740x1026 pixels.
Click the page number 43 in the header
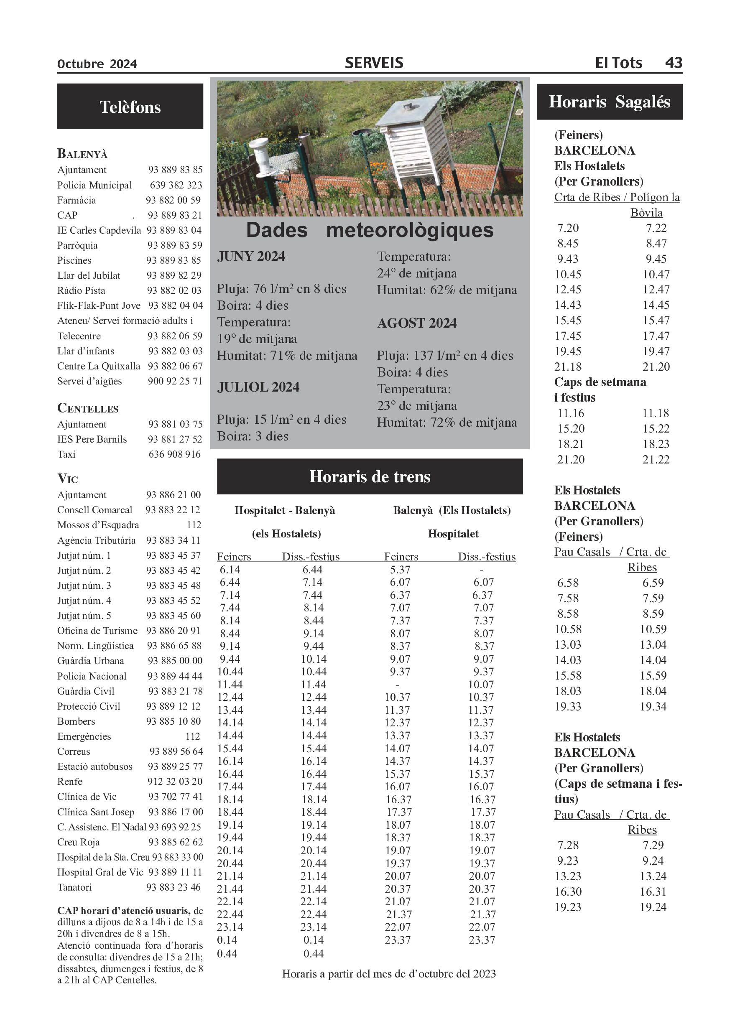(x=673, y=62)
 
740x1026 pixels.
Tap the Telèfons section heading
(x=130, y=107)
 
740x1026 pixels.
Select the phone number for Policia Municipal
(x=176, y=185)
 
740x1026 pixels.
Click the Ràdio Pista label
(x=81, y=290)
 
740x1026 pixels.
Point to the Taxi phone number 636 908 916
(x=174, y=454)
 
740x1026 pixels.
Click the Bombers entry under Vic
(x=76, y=721)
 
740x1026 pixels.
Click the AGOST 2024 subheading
(x=417, y=323)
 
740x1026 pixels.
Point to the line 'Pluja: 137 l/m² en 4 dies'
(x=445, y=356)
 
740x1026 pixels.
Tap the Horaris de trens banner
(x=369, y=476)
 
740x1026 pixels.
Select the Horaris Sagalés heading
(x=609, y=102)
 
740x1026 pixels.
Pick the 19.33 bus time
(x=568, y=707)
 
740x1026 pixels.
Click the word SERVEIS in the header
(x=374, y=63)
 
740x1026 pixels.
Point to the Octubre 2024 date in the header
(x=97, y=64)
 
